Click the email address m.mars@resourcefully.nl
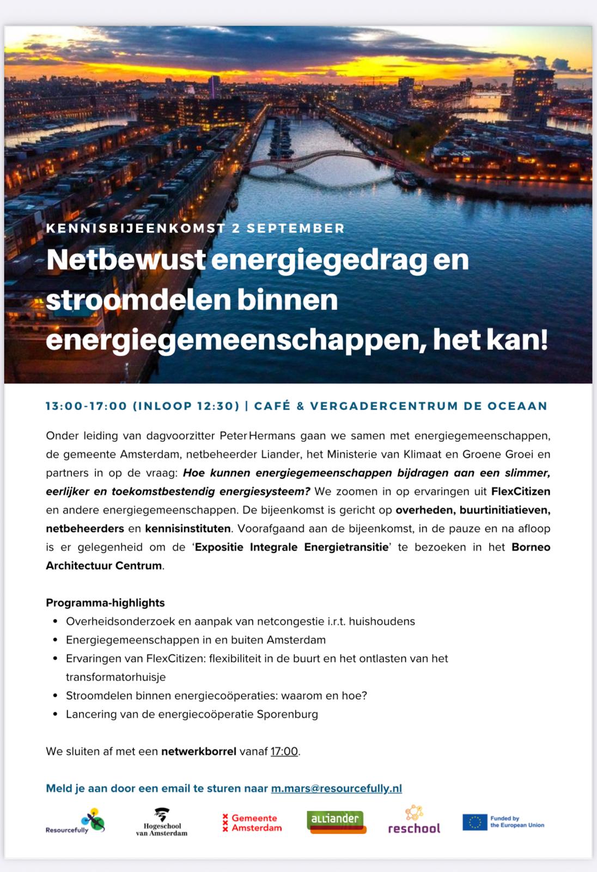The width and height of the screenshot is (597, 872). click(336, 788)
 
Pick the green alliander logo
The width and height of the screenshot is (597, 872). click(335, 821)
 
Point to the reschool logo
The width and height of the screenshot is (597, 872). click(414, 821)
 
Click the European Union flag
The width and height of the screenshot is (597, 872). click(474, 822)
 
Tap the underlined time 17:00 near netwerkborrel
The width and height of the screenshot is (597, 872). click(284, 751)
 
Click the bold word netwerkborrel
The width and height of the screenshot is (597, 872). click(198, 751)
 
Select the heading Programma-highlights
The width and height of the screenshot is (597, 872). click(105, 603)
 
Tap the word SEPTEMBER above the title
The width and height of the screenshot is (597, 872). click(296, 228)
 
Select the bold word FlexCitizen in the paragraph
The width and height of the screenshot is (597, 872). click(520, 491)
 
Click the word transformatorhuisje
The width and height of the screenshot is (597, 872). click(115, 677)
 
